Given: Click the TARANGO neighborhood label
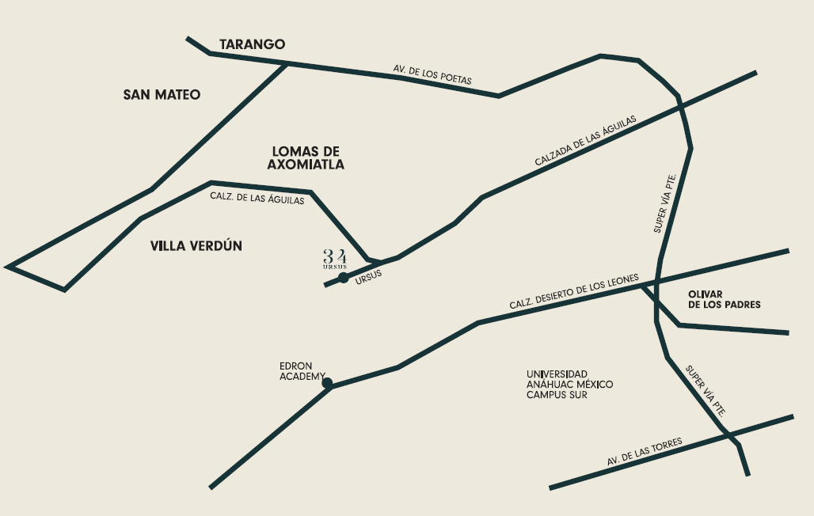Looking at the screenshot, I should pos(252,44).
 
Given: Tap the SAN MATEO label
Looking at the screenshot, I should pos(162,95).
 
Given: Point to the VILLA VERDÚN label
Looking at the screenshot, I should pos(196,246).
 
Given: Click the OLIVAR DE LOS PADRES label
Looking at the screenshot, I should pos(724,299).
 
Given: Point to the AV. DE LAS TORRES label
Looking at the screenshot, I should pos(645,452).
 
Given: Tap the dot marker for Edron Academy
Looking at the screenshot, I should pos(327,384).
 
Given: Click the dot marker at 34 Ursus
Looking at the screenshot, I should pos(344,278).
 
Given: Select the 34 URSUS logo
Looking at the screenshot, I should pos(334,258).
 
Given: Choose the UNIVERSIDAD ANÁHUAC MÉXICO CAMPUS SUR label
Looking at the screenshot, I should pos(569,384).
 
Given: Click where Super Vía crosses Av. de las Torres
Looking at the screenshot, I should pos(727,433).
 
